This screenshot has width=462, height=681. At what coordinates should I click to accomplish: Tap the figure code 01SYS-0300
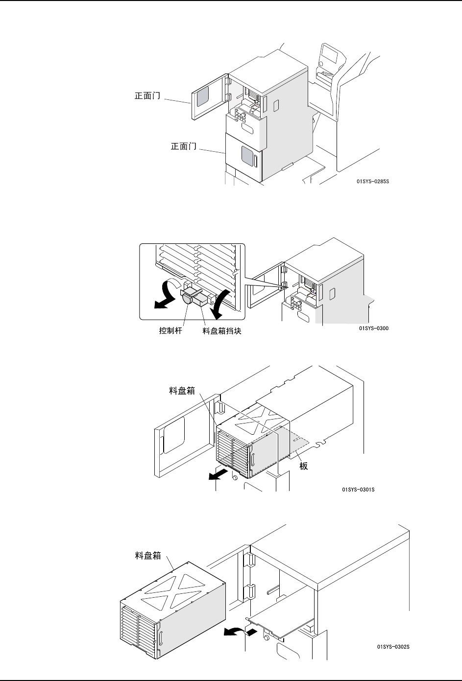point(374,328)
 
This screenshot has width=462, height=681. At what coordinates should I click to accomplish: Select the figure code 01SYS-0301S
point(358,489)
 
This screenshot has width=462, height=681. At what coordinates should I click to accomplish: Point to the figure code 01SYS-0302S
point(393,647)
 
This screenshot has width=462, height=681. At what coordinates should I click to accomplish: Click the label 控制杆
point(171,331)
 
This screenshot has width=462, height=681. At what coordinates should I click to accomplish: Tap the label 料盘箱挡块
point(222,331)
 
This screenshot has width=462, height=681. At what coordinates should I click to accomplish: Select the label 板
point(304,466)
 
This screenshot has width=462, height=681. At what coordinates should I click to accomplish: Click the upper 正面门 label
point(147,96)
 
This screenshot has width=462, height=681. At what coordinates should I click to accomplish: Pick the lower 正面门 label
point(183,146)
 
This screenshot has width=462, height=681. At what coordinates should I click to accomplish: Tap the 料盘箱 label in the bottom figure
point(148,556)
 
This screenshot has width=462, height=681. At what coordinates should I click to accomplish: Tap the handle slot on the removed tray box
point(160,639)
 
